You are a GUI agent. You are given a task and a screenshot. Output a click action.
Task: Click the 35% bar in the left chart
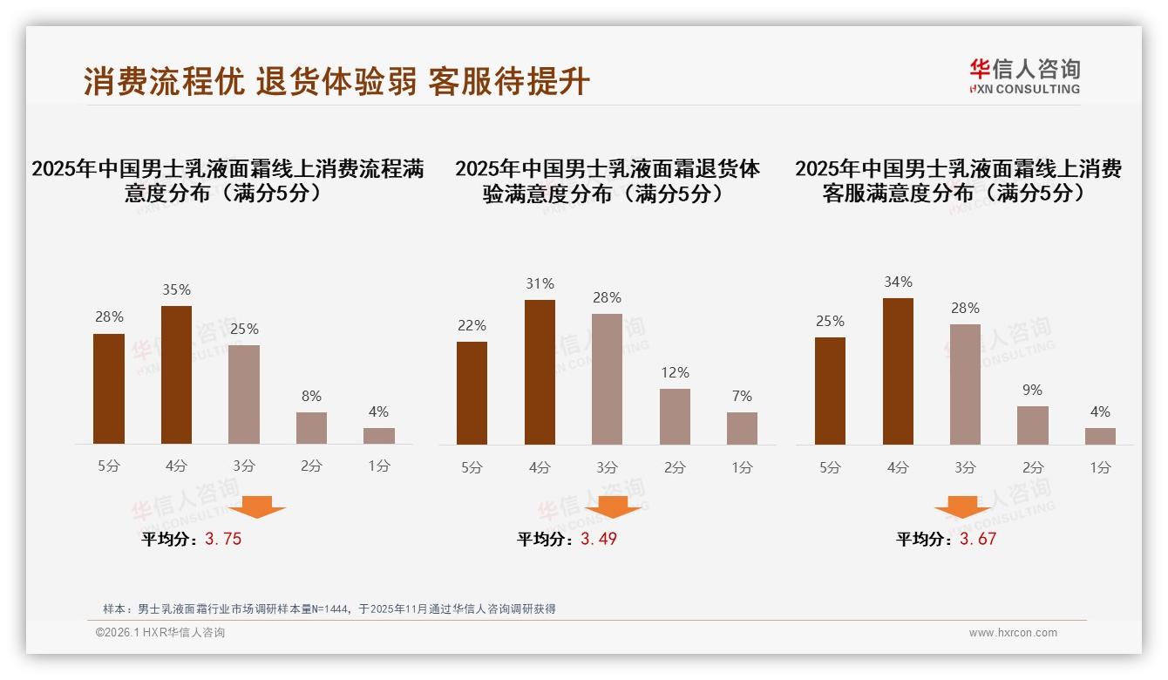tap(177, 375)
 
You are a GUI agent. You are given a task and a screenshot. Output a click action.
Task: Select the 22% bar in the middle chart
tap(472, 393)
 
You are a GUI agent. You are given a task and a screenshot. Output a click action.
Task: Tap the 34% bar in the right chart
tap(898, 371)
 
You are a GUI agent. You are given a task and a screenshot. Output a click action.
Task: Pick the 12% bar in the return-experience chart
tap(675, 417)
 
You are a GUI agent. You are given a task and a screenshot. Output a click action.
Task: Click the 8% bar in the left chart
tap(311, 428)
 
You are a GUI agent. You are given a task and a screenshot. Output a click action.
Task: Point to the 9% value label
tap(1032, 391)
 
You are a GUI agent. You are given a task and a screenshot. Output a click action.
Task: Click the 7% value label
tap(742, 397)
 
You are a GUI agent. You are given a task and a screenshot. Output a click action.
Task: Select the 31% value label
tap(540, 284)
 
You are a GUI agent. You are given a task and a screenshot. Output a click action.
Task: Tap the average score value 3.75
tap(223, 540)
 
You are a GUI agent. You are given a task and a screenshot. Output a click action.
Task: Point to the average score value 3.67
tap(978, 540)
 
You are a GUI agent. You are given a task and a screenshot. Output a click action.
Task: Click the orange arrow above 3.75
tap(257, 507)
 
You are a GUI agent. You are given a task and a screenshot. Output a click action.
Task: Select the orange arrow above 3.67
tap(962, 507)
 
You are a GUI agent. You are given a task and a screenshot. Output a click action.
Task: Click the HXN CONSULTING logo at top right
tap(1024, 77)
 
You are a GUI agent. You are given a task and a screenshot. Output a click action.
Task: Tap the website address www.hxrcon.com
tap(1013, 633)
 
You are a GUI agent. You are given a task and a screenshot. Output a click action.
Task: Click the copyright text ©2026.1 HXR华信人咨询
tap(160, 633)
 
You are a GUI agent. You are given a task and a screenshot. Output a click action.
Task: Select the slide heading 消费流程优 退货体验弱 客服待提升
tap(337, 82)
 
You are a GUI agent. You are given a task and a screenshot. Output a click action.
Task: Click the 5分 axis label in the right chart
tap(830, 468)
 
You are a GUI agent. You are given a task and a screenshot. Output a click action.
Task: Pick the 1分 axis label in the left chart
tap(379, 466)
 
